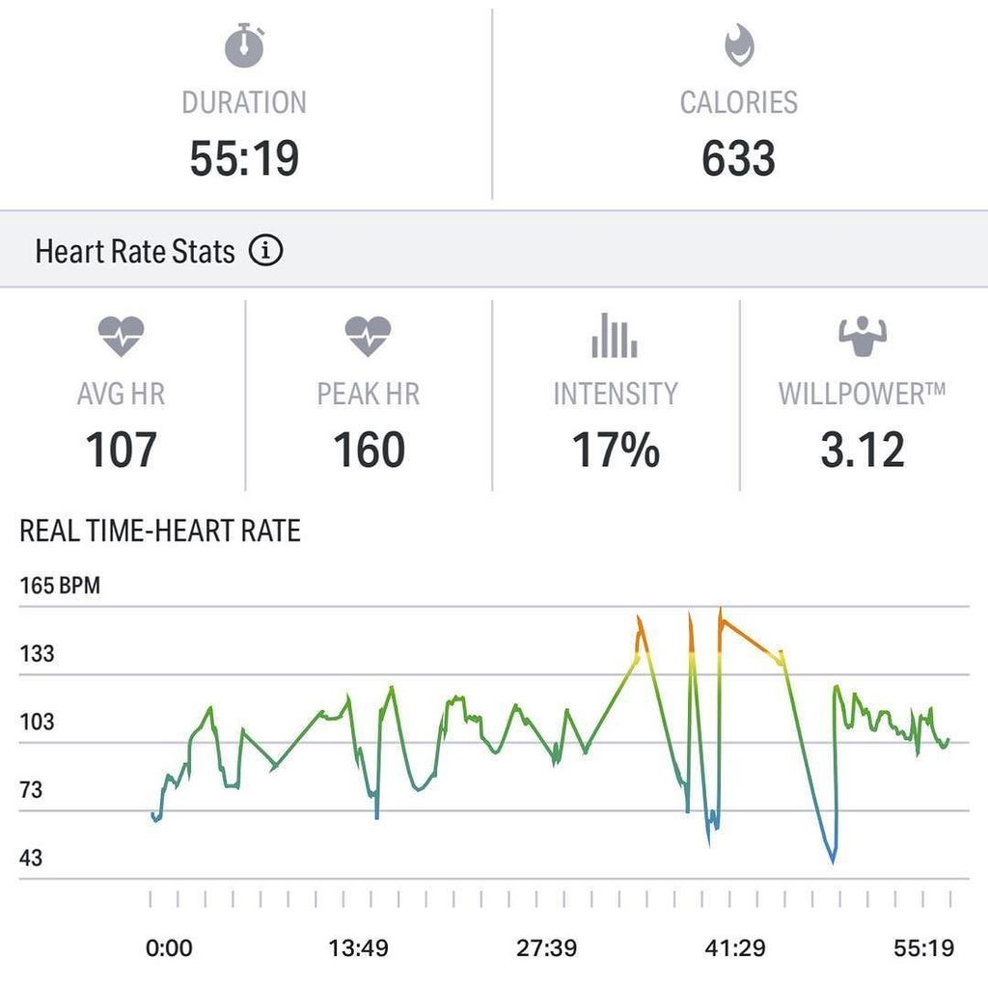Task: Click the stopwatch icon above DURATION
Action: (x=244, y=46)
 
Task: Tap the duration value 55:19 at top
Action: (x=244, y=158)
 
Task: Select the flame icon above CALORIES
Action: (x=739, y=45)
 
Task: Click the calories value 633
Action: (x=738, y=158)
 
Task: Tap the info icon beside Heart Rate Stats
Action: (x=265, y=252)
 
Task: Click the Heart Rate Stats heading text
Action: (x=135, y=252)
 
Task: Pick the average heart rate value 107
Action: (x=122, y=450)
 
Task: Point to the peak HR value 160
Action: (x=368, y=450)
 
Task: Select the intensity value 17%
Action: (x=616, y=450)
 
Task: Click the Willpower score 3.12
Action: (x=863, y=450)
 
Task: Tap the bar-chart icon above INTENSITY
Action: (x=615, y=336)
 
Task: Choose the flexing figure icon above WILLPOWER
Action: (x=863, y=337)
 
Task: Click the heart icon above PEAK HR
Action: (x=368, y=337)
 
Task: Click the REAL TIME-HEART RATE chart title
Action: (x=160, y=531)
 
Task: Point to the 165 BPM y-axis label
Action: (x=60, y=586)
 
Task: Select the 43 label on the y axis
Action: (x=32, y=858)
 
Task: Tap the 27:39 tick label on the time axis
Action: (x=546, y=947)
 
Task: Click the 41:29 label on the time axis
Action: (x=735, y=947)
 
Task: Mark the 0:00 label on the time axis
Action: (x=169, y=947)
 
